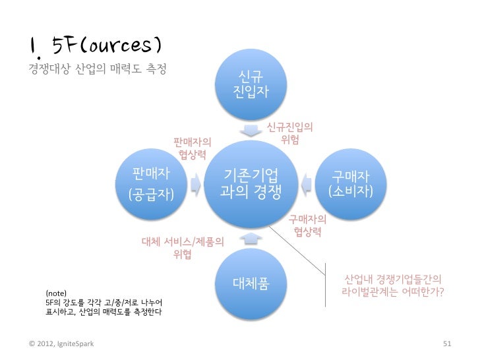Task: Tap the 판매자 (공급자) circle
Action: click(x=150, y=184)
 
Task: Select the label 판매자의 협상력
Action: click(x=193, y=148)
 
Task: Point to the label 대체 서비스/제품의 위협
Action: click(x=183, y=249)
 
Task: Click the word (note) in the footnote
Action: click(x=56, y=291)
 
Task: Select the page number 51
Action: click(x=446, y=344)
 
